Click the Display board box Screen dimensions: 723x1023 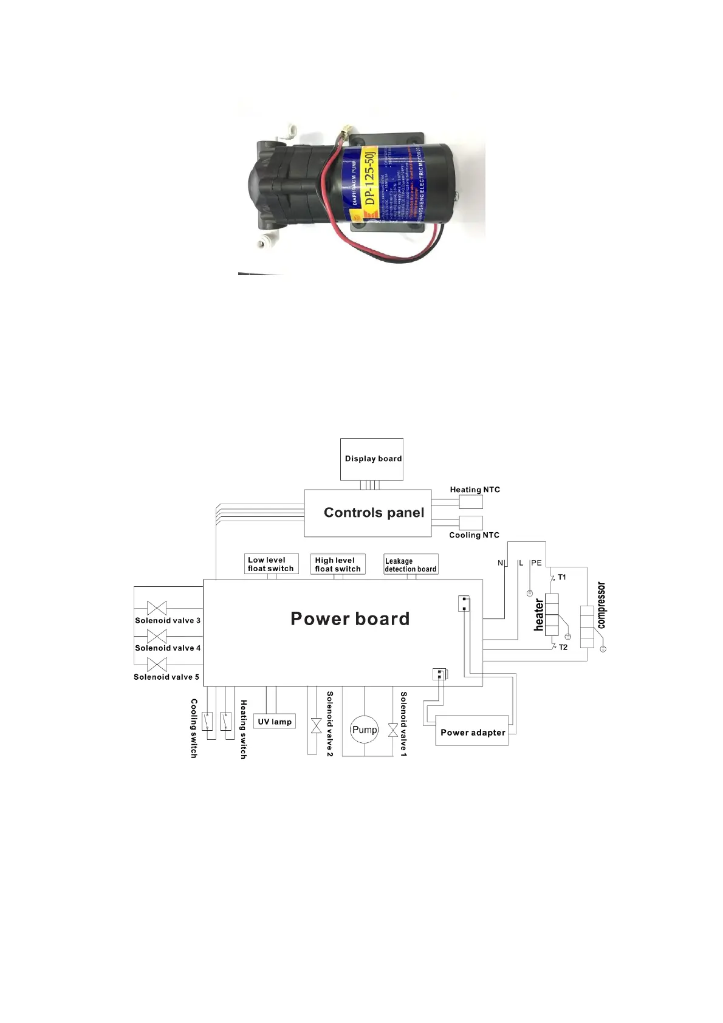tap(371, 459)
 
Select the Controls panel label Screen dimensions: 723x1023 tap(374, 513)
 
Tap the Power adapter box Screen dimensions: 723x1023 tap(472, 732)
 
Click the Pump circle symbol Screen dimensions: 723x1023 tap(364, 730)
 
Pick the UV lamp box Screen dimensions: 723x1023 tap(274, 722)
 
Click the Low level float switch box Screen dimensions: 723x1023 tap(271, 564)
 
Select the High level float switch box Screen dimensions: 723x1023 tap(338, 564)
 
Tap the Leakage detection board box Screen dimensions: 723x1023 tap(411, 564)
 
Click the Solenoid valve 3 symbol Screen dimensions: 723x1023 tap(157, 608)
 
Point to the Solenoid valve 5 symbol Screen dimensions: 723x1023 tap(157, 664)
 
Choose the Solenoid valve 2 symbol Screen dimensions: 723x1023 tap(316, 725)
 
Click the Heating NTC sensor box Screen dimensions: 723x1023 tap(471, 502)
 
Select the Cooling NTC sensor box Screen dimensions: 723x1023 tap(471, 522)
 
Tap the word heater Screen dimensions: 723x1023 tap(539, 615)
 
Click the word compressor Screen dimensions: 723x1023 tap(601, 605)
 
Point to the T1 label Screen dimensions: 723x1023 tap(562, 577)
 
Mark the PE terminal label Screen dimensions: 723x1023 tap(536, 563)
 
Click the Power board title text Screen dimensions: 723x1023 tap(350, 618)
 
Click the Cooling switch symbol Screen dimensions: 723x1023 tap(207, 720)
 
